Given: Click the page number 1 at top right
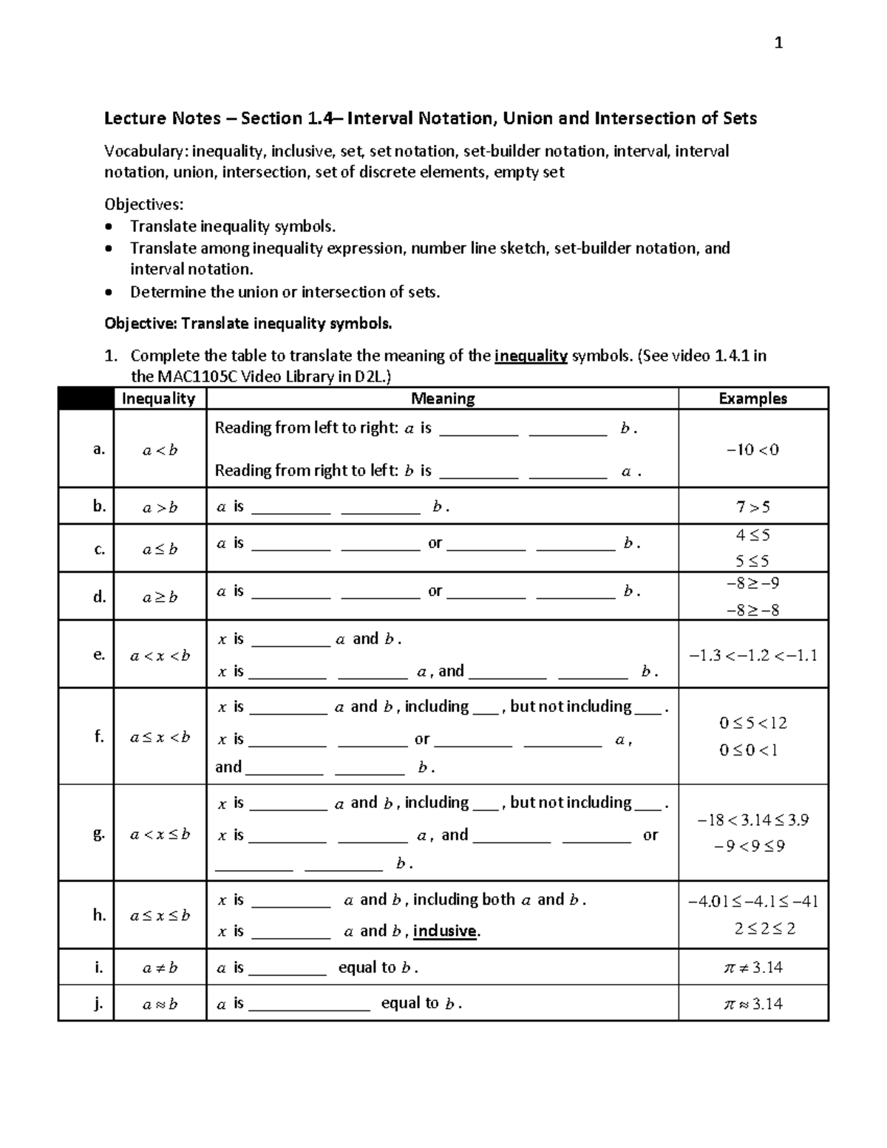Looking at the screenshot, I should [x=778, y=43].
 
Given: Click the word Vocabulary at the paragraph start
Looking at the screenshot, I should [x=146, y=152].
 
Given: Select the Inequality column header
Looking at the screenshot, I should [x=158, y=398].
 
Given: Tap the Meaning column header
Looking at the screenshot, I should [x=442, y=398].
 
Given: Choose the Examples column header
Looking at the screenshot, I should [x=752, y=398].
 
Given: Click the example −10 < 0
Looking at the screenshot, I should [x=752, y=449].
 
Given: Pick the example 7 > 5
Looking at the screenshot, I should [x=752, y=507].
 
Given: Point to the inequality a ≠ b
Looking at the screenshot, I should [x=160, y=968].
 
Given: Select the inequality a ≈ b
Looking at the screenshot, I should [x=160, y=1004].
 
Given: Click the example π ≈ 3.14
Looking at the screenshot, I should [x=752, y=1004].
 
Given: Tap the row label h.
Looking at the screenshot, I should [x=99, y=914].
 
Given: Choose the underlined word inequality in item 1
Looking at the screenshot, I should [x=531, y=356].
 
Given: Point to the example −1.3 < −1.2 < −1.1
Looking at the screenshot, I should [x=752, y=655].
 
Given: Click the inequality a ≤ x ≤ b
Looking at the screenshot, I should [x=160, y=915].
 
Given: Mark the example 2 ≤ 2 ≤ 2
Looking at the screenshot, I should [x=764, y=928].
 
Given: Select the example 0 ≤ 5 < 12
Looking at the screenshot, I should [x=752, y=723].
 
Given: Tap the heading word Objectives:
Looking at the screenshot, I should [x=143, y=204].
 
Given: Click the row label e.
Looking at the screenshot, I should [x=99, y=654].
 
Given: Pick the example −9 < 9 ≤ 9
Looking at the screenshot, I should [x=750, y=846].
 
